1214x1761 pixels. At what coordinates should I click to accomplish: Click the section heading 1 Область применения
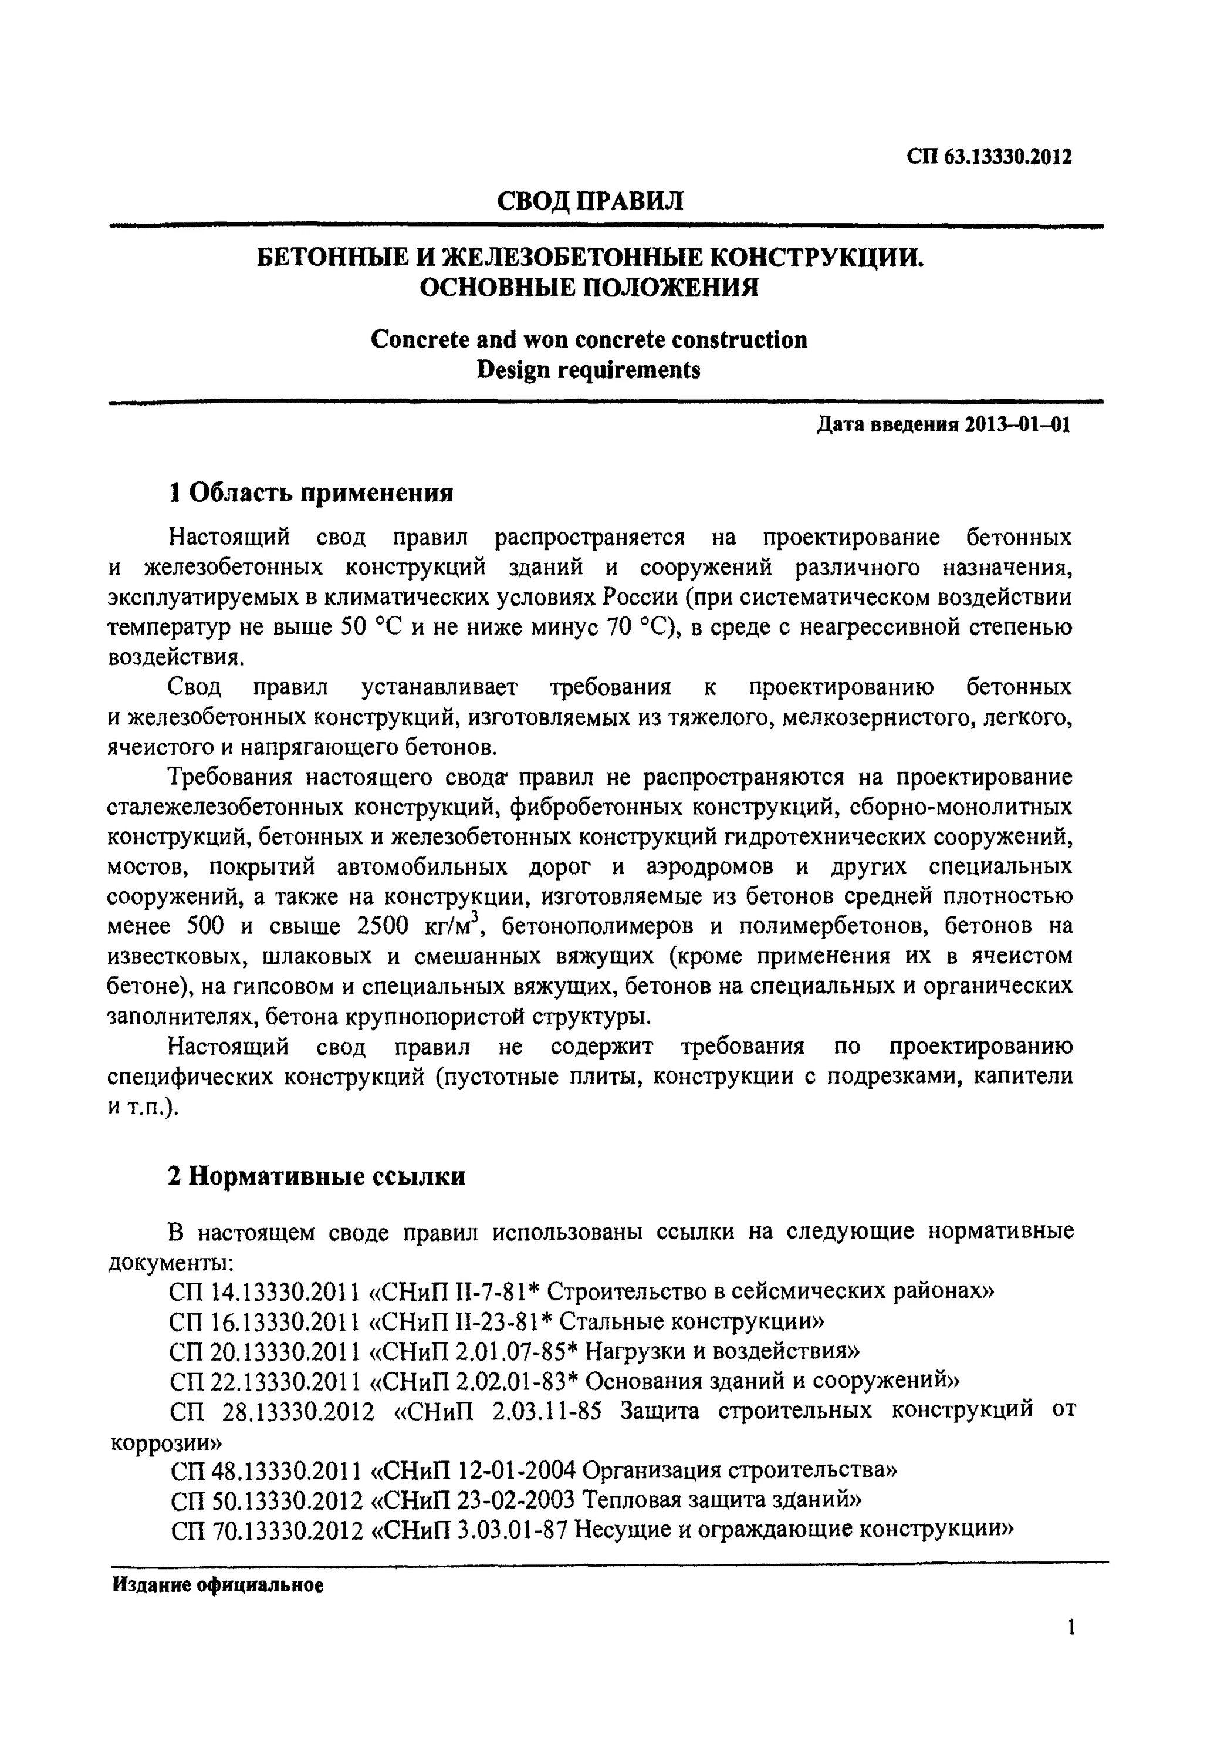point(310,493)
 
